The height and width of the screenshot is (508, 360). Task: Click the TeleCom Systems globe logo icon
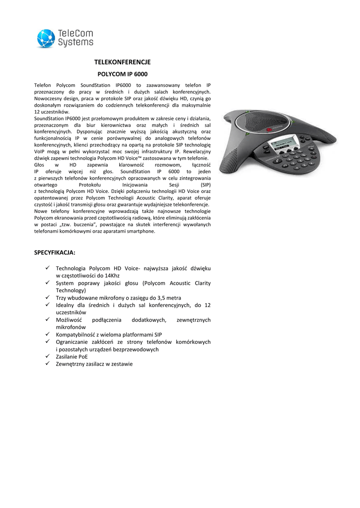click(46, 38)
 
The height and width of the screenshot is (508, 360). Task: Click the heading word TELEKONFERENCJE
click(122, 62)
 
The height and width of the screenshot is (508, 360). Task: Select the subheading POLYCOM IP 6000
click(122, 74)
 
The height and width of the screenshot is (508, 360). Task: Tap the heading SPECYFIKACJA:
click(55, 253)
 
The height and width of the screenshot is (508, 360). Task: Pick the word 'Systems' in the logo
click(75, 43)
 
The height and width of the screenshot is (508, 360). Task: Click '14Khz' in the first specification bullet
click(110, 275)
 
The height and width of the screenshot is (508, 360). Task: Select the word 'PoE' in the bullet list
click(82, 356)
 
